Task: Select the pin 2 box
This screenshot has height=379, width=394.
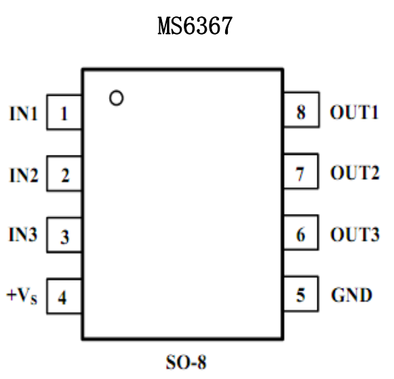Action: click(64, 176)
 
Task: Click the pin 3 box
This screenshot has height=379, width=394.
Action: click(64, 237)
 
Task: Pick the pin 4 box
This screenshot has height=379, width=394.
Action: click(64, 297)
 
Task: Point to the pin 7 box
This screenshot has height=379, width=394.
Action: click(301, 175)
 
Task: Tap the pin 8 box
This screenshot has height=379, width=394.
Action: click(301, 113)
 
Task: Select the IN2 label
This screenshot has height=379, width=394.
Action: click(24, 176)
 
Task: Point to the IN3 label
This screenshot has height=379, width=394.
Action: click(24, 236)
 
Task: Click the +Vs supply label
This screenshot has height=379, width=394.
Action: click(22, 297)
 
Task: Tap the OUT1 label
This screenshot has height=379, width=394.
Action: click(353, 113)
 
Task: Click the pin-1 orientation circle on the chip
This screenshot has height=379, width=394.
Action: click(117, 98)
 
